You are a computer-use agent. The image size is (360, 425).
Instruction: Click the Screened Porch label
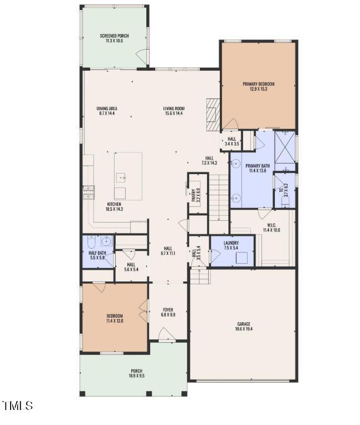[114, 36]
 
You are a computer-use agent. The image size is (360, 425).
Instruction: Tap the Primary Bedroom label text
[258, 84]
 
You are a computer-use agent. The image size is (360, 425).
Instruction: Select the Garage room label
[244, 324]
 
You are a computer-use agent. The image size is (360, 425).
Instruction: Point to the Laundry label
[231, 243]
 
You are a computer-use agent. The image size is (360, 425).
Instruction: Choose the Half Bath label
[97, 253]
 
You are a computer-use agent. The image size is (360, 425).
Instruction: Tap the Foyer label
[167, 310]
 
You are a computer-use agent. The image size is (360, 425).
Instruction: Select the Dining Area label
[107, 108]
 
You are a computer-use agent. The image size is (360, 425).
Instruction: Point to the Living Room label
[174, 108]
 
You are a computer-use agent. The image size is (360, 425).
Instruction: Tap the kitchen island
[128, 176]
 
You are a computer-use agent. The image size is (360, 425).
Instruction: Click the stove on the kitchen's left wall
[88, 192]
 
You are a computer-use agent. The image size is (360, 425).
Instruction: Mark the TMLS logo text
[17, 406]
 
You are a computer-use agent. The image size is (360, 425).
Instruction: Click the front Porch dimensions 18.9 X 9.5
[136, 376]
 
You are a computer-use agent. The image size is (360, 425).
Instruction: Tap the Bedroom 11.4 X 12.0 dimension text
[115, 321]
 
